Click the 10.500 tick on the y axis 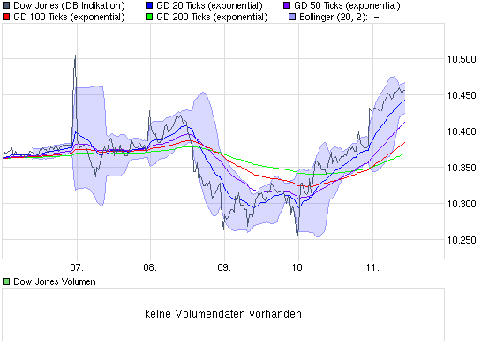pos(462,59)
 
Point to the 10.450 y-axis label pos(462,95)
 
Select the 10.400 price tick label pos(462,131)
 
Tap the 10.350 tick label pos(462,168)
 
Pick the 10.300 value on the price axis pos(462,204)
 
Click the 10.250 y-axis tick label pos(462,240)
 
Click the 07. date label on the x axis pos(76,265)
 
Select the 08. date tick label pos(150,265)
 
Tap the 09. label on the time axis pos(224,265)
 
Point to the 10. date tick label pos(298,265)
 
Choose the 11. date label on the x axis pos(372,265)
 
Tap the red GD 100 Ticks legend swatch pos(6,16)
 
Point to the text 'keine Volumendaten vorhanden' pos(222,313)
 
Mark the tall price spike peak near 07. pos(74,56)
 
